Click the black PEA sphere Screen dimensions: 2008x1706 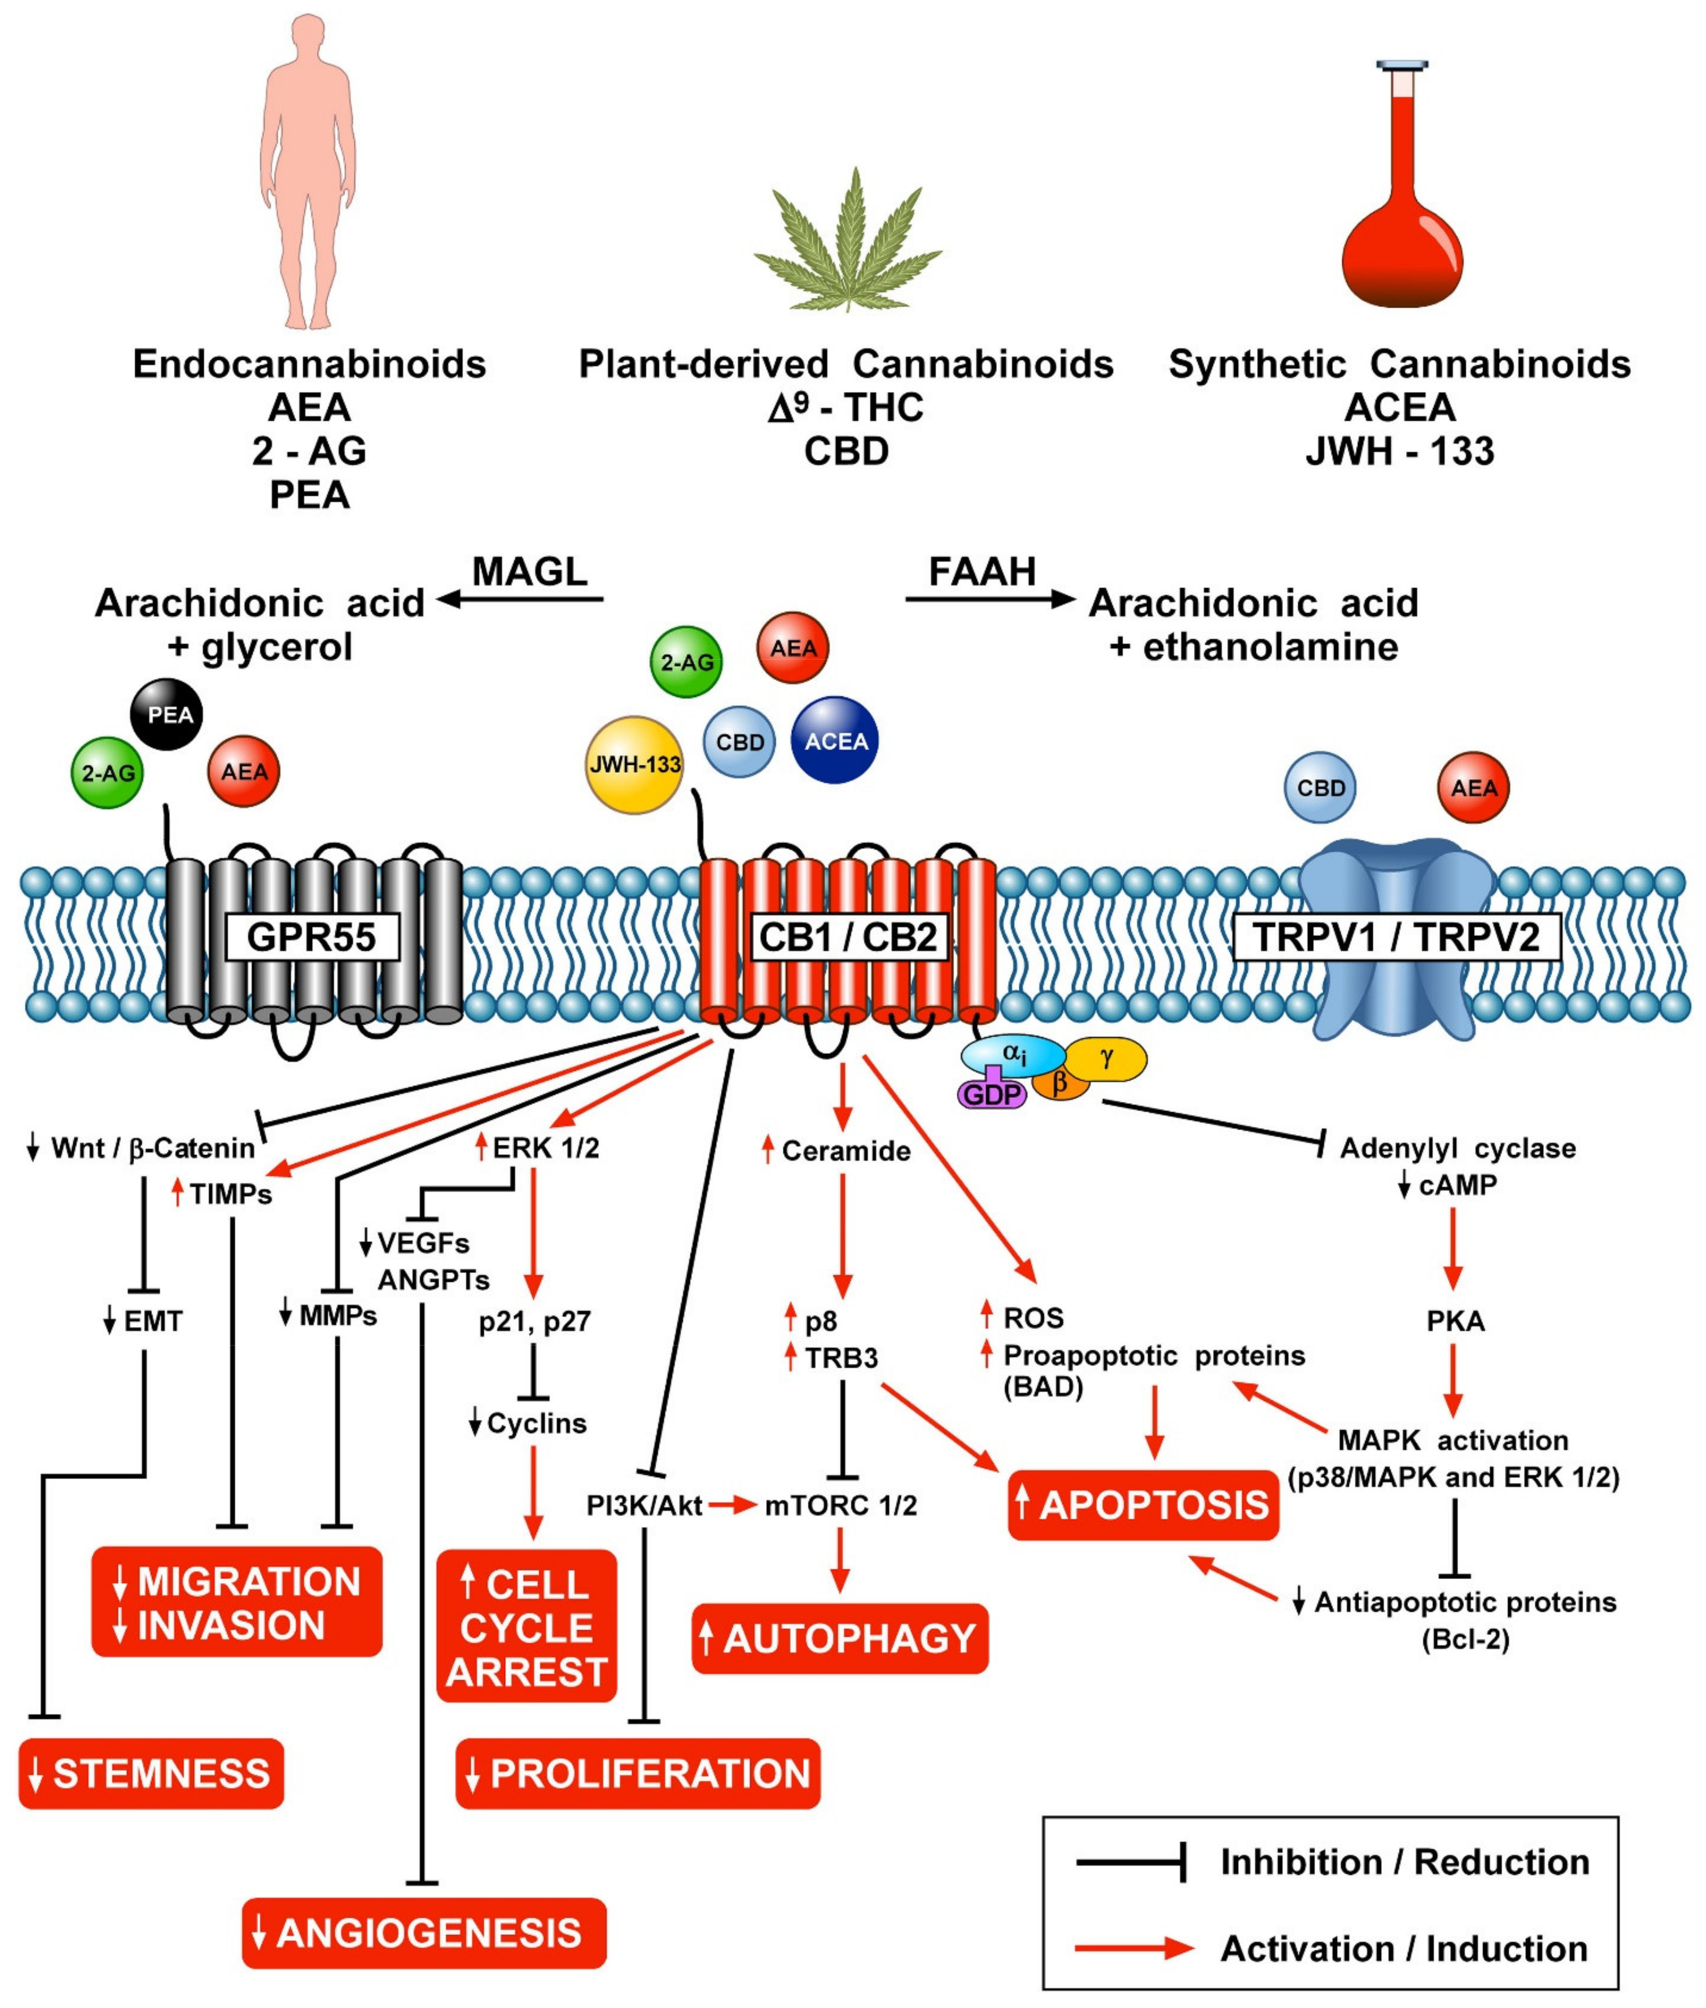click(x=166, y=714)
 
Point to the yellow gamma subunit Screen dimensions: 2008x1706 click(x=1107, y=1059)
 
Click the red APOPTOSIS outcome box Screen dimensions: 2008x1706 click(x=1143, y=1505)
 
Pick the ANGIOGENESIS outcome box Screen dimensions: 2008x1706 click(x=424, y=1932)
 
